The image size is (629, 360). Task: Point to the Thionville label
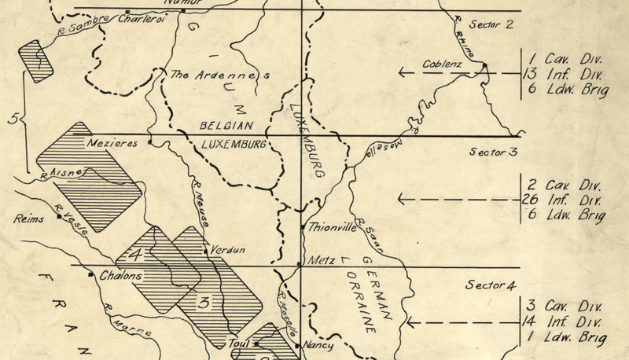point(333,229)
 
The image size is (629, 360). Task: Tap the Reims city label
point(29,219)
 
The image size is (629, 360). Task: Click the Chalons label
point(120,276)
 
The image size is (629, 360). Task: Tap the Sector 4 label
point(491,284)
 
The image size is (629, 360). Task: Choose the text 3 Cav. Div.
point(564,305)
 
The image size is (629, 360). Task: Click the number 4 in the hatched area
point(136,255)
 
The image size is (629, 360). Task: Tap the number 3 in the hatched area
point(204,303)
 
